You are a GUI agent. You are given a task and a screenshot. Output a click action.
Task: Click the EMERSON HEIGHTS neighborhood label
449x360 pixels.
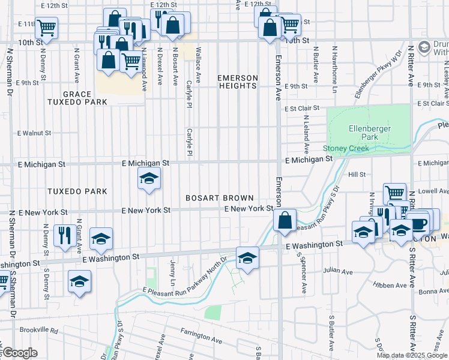[237, 82]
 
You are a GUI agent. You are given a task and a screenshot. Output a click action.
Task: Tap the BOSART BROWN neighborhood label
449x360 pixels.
[219, 198]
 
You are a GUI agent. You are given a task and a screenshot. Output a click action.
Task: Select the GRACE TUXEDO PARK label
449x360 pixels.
[77, 98]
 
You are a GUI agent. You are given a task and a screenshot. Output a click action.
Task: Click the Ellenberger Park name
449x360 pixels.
[370, 133]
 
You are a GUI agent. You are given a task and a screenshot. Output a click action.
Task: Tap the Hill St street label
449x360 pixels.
[357, 174]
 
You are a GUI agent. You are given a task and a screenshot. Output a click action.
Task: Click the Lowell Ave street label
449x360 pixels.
[436, 191]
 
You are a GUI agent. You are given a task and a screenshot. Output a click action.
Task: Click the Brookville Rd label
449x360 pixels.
[37, 331]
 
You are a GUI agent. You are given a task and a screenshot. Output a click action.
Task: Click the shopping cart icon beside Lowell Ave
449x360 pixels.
[394, 193]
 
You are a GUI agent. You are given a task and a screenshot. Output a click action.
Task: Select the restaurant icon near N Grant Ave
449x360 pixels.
[64, 234]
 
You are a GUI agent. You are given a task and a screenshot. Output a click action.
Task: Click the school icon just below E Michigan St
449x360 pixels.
[148, 178]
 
